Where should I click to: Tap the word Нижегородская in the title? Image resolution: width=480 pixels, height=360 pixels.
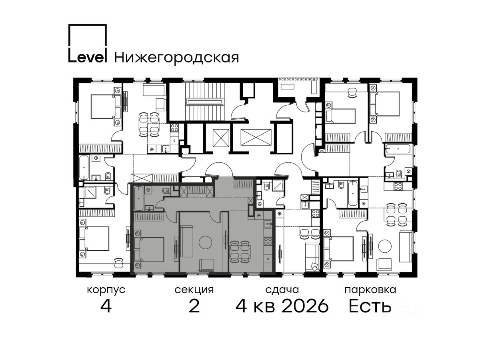click(x=177, y=58)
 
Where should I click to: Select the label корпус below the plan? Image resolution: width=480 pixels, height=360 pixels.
click(x=106, y=290)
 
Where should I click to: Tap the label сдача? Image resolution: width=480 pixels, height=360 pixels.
click(x=282, y=290)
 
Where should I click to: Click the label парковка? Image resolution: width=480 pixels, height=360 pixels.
click(x=370, y=290)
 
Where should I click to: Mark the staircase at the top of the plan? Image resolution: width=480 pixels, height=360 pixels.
click(x=205, y=101)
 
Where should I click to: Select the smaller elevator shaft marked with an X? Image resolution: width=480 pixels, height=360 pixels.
click(x=221, y=138)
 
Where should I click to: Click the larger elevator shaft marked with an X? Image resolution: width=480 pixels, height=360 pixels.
click(x=256, y=137)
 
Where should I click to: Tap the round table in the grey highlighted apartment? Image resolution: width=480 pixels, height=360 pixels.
click(x=205, y=242)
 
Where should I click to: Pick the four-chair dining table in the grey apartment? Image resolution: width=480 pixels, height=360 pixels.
click(x=240, y=252)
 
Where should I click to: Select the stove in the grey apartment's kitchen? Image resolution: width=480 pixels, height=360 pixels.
click(x=268, y=241)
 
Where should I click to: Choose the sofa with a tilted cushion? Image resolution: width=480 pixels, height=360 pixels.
click(x=312, y=257)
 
